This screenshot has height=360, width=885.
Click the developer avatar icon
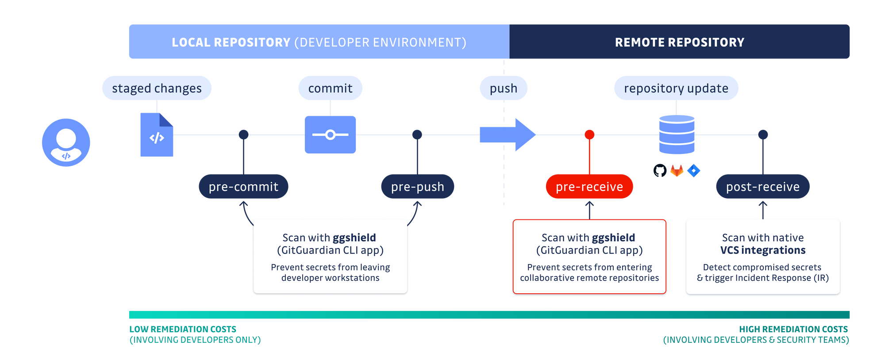point(66,142)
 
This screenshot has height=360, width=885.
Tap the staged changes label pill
point(157,88)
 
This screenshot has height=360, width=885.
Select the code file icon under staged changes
point(157,135)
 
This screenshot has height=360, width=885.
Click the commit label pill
point(330,88)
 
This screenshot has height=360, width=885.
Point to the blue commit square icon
point(330,134)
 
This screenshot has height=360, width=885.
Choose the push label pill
point(504,88)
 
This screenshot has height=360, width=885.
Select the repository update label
point(676,88)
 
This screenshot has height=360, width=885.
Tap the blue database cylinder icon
point(677,134)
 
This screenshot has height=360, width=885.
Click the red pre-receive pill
point(589,187)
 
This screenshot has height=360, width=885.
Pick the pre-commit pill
point(243,187)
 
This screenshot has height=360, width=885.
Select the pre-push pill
point(417,187)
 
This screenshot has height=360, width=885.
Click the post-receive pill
point(762,187)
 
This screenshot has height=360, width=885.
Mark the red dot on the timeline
point(589,134)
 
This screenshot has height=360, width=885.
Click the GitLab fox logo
point(677,171)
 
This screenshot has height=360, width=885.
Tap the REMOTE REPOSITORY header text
point(679,42)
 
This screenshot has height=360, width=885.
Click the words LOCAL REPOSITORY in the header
point(231,42)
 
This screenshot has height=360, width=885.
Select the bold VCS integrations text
point(762,250)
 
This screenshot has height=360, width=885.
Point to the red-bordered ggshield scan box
point(589,257)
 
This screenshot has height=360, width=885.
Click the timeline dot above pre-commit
point(243,134)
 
